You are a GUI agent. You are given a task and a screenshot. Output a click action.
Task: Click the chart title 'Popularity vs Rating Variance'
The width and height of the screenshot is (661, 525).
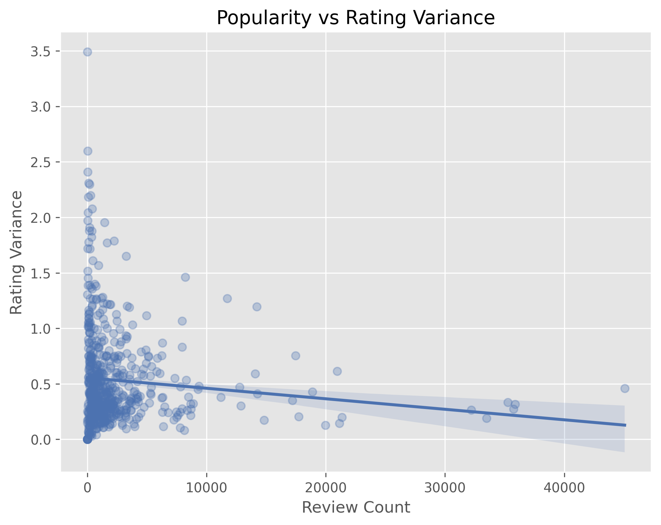click(x=356, y=18)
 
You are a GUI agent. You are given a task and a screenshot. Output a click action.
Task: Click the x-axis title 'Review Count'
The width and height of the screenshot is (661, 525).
click(x=356, y=508)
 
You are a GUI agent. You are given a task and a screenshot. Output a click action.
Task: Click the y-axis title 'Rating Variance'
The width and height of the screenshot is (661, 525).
click(x=17, y=253)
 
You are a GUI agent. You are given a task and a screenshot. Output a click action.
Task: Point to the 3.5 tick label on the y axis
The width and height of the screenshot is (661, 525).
click(x=41, y=51)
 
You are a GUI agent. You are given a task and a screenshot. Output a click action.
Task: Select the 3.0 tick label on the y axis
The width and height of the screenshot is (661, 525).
click(x=41, y=107)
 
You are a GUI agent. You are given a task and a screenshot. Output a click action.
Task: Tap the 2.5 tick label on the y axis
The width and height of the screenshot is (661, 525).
click(x=41, y=162)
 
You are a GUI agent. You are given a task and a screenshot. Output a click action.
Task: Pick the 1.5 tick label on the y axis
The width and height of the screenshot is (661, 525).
click(x=41, y=273)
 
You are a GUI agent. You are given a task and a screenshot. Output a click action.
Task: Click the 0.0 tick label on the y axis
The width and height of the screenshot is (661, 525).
click(x=41, y=440)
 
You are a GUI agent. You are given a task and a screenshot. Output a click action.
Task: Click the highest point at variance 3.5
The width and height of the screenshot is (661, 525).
click(x=88, y=52)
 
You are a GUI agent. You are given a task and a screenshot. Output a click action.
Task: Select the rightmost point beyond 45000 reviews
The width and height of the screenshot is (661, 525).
click(x=625, y=388)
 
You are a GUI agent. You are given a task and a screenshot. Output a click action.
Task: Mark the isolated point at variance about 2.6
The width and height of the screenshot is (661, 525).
click(x=88, y=151)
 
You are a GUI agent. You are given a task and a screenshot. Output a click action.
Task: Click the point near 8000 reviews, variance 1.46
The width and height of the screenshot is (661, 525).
click(x=185, y=277)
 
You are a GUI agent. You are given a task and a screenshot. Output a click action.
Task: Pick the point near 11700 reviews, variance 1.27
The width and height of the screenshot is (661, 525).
click(x=227, y=298)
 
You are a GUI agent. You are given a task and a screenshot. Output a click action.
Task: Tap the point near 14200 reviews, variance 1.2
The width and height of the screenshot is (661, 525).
click(x=257, y=307)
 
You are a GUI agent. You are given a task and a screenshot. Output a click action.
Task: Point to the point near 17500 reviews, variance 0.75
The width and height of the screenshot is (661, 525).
click(x=296, y=356)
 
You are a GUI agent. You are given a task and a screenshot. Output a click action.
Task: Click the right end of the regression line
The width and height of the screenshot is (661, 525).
click(x=625, y=425)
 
